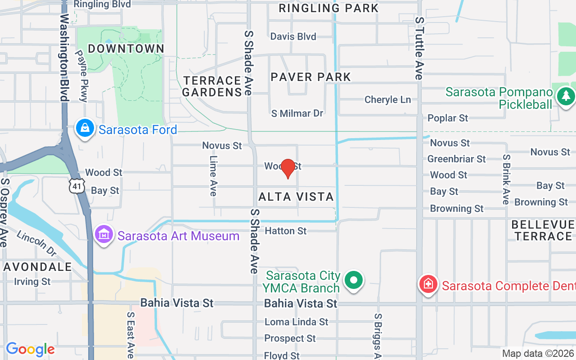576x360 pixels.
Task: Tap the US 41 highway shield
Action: click(76, 185)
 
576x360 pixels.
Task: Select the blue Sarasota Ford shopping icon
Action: click(85, 129)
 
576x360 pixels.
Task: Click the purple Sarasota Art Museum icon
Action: click(104, 235)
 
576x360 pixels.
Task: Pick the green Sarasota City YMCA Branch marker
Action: click(354, 280)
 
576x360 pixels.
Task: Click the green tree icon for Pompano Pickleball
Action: click(566, 96)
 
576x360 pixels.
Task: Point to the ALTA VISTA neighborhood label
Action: click(296, 197)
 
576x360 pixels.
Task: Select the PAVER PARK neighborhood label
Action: click(310, 77)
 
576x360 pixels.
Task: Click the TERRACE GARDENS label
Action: click(212, 86)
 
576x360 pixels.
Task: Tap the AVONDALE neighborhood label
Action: click(38, 267)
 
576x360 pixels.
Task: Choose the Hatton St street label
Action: click(286, 231)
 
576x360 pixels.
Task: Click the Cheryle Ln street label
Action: click(387, 99)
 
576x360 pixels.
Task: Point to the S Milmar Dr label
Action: click(297, 113)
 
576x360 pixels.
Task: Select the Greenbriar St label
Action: click(456, 159)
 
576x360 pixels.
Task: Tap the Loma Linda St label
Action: click(296, 322)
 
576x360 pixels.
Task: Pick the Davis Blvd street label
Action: click(293, 36)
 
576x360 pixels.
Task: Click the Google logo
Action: click(30, 349)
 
